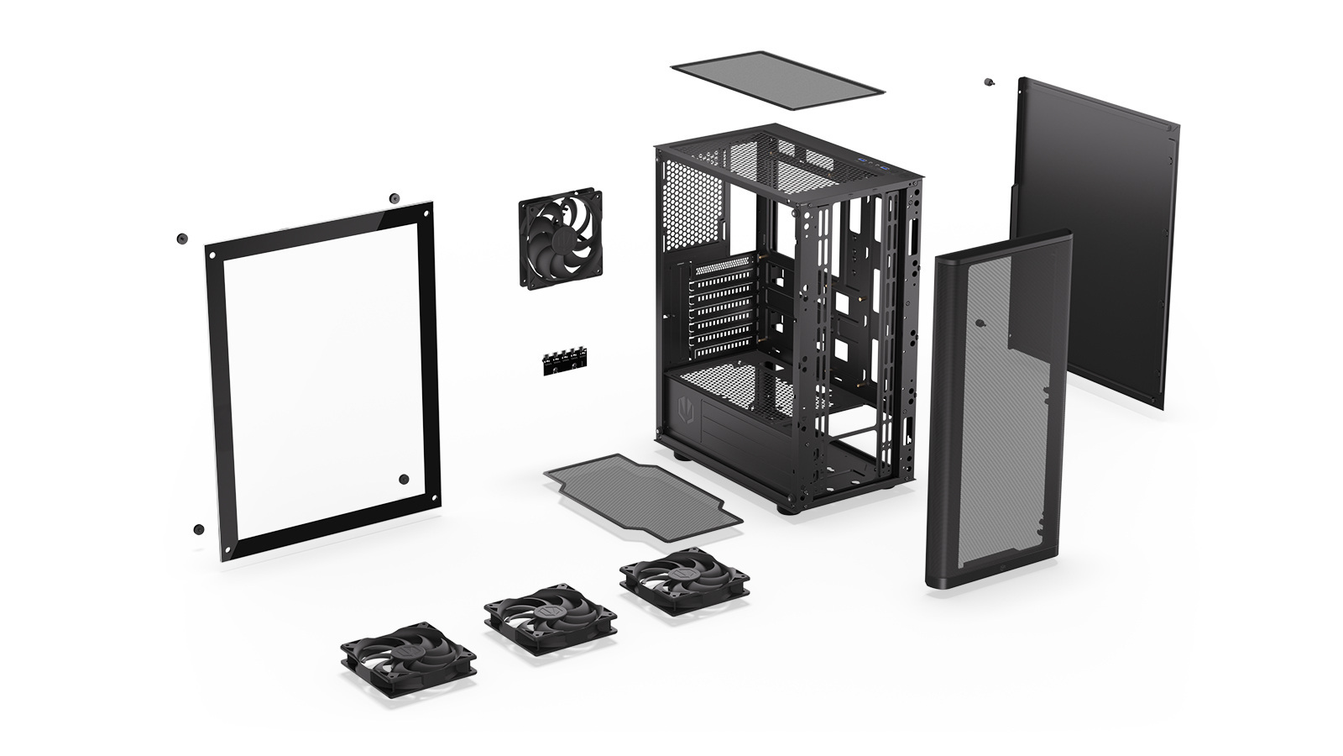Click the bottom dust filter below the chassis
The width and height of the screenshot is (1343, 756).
[x=642, y=491]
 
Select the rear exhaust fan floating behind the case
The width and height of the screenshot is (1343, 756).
[x=560, y=238]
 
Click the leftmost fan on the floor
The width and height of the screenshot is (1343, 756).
[x=408, y=655]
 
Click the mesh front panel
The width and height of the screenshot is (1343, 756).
[x=999, y=412]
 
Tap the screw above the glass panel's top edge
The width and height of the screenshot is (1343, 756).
[x=395, y=198]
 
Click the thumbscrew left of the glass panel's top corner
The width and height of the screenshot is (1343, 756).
[x=180, y=238]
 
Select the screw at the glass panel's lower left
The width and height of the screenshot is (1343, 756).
[x=198, y=529]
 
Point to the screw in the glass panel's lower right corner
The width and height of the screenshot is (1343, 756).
[x=404, y=479]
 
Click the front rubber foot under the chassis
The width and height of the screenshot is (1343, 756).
[x=786, y=507]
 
